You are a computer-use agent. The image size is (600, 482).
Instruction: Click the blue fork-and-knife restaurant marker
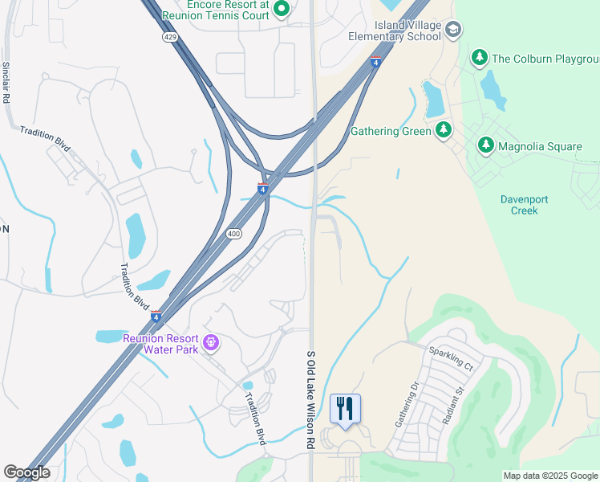pyautogui.click(x=345, y=409)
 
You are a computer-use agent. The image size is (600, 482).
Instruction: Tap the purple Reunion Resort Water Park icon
pyautogui.click(x=211, y=343)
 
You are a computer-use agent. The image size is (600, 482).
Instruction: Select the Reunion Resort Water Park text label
pyautogui.click(x=160, y=338)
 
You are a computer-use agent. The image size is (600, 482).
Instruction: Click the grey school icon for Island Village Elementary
pyautogui.click(x=453, y=31)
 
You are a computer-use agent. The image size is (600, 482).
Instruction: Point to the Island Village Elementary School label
pyautogui.click(x=395, y=31)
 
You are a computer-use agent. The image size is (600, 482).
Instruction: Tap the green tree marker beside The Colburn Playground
pyautogui.click(x=480, y=57)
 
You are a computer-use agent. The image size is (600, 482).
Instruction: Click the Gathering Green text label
pyautogui.click(x=391, y=131)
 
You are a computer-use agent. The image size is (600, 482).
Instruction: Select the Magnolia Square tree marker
pyautogui.click(x=485, y=145)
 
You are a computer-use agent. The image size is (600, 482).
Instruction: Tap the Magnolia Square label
pyautogui.click(x=540, y=145)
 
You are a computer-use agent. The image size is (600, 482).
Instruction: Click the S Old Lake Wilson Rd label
pyautogui.click(x=310, y=399)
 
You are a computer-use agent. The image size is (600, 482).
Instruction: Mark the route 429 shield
pyautogui.click(x=169, y=37)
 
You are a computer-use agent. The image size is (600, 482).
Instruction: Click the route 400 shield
pyautogui.click(x=233, y=234)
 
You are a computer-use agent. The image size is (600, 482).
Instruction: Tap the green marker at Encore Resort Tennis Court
pyautogui.click(x=281, y=9)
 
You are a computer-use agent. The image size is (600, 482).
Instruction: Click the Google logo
pyautogui.click(x=26, y=472)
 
